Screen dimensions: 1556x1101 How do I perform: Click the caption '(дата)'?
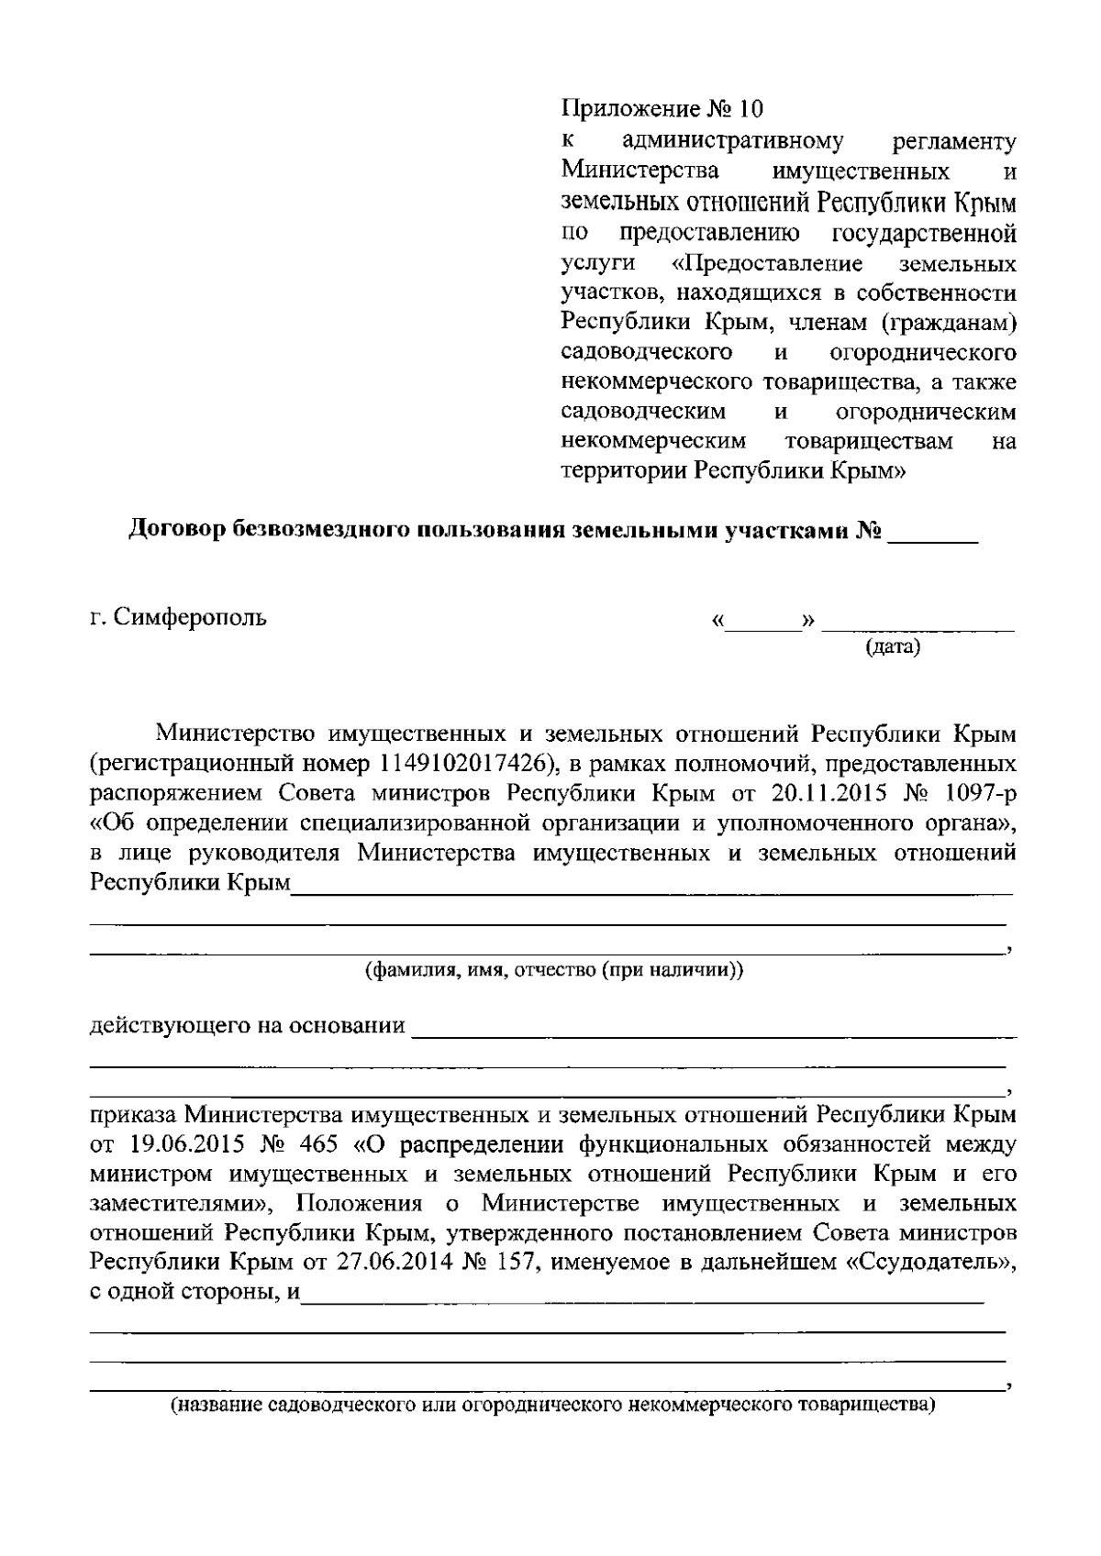click(893, 647)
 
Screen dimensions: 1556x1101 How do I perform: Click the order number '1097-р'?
click(980, 792)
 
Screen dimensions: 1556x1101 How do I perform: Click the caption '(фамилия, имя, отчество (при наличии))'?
click(554, 970)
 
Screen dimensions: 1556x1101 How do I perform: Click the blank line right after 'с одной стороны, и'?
click(642, 1297)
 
